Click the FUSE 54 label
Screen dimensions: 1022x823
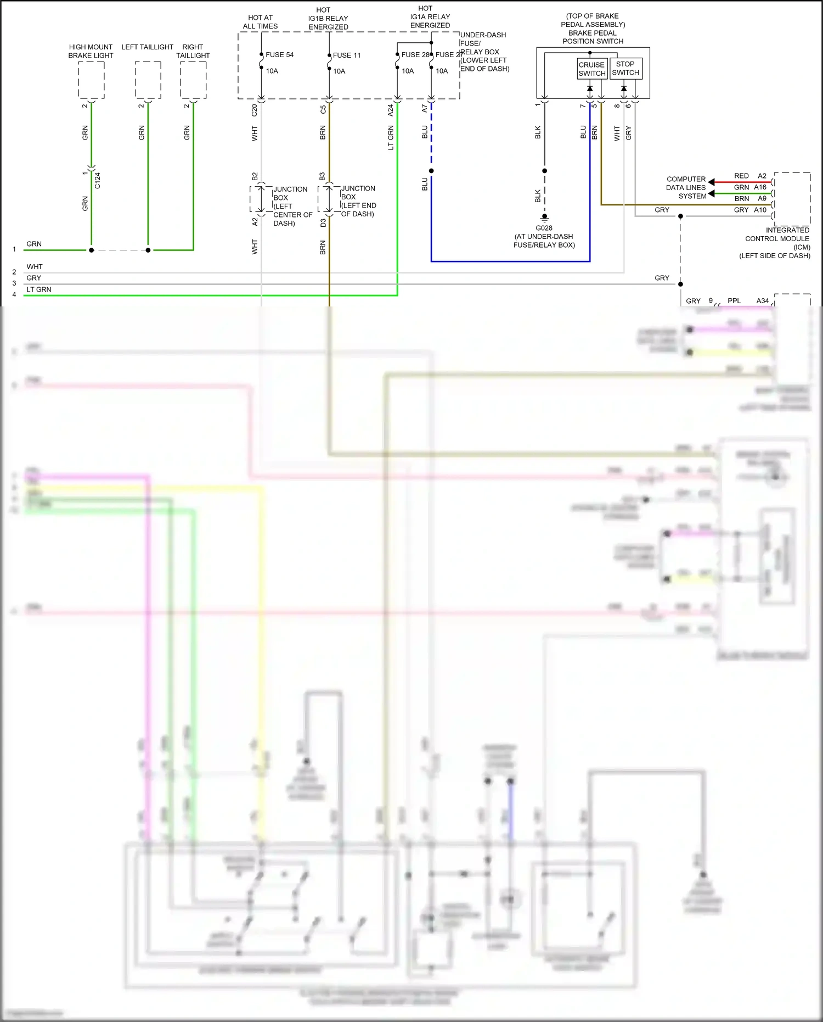279,55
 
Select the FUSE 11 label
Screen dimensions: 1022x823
346,55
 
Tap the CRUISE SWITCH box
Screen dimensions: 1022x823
591,69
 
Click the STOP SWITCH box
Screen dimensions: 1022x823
625,68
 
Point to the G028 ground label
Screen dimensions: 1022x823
544,228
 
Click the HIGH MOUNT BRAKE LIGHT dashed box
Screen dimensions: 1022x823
91,80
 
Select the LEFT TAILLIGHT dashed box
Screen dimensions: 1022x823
148,80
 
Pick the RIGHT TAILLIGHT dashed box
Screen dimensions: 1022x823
193,80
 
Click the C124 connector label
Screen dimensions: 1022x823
98,180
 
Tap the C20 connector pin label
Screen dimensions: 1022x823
255,110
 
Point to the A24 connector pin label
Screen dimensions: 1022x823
391,110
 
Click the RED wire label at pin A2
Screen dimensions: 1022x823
741,176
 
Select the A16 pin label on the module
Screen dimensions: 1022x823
760,187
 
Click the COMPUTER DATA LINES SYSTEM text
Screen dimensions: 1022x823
686,188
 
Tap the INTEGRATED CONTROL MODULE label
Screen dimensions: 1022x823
777,238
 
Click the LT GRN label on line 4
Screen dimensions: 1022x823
39,289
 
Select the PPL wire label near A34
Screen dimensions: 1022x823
734,301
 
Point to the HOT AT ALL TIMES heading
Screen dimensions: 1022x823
260,22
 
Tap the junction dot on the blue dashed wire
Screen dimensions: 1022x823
431,171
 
